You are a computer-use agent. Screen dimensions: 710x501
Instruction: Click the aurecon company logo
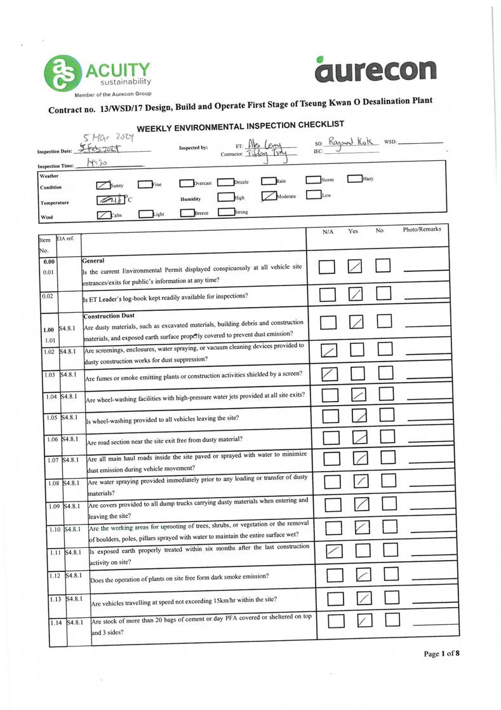coord(376,69)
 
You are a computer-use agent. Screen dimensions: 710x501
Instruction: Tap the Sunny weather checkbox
coord(103,185)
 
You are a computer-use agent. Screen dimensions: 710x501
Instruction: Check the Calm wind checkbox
coord(104,214)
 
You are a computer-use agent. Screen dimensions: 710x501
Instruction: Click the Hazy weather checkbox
coord(354,179)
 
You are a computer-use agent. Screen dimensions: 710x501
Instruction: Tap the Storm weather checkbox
coord(313,180)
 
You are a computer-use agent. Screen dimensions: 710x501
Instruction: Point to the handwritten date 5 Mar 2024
coord(105,138)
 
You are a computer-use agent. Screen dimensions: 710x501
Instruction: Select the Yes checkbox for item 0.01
coord(356,267)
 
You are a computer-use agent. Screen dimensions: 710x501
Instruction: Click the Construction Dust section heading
coord(109,316)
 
